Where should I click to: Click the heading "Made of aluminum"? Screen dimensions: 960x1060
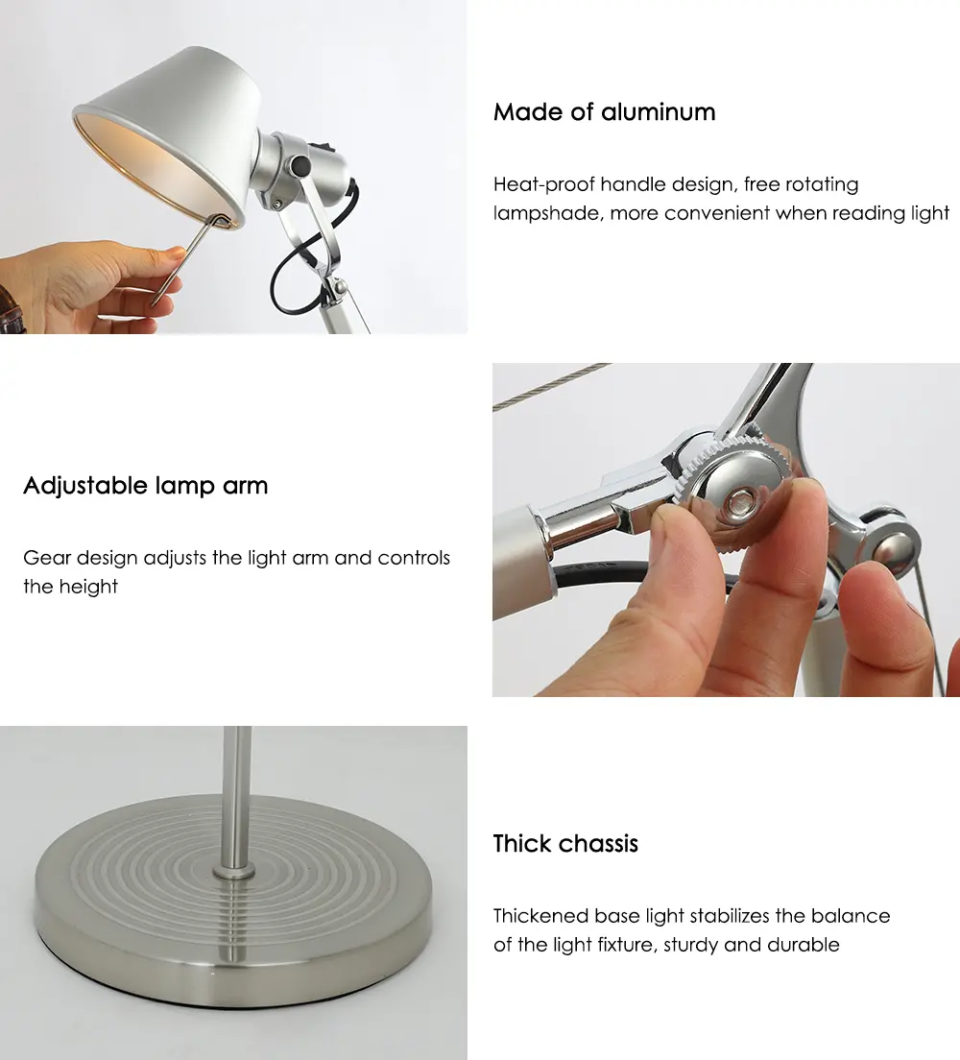[x=604, y=112]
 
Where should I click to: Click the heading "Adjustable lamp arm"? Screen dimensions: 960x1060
[x=145, y=486]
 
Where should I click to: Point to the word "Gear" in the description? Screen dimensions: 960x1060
[x=47, y=558]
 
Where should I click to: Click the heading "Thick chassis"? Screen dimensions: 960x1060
[x=565, y=844]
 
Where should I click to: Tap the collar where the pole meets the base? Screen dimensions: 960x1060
[x=234, y=870]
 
